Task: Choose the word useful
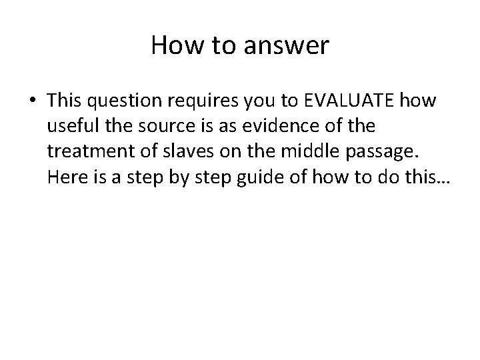(x=70, y=125)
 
